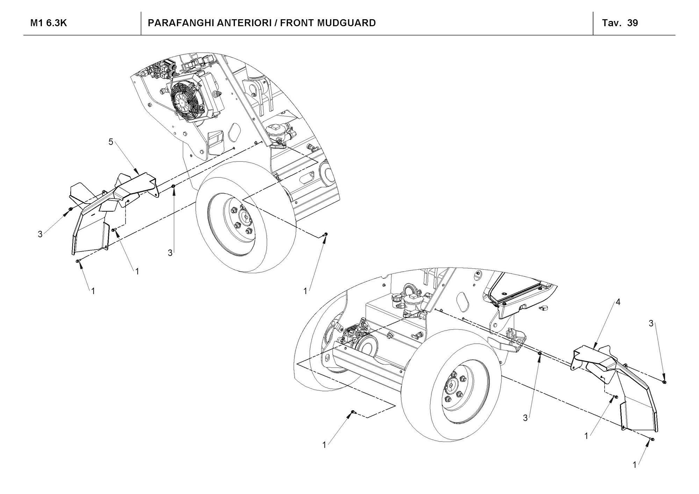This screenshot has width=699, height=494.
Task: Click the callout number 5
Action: point(111,142)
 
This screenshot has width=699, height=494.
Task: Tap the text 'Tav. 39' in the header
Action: point(620,23)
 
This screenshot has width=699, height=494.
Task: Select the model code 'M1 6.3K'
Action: point(49,23)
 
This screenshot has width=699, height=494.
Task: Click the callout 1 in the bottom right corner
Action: point(635,465)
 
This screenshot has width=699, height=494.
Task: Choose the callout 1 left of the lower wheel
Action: point(324,445)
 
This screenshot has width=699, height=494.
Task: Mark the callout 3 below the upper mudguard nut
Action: point(170,253)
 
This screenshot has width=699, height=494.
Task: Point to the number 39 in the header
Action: point(633,23)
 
